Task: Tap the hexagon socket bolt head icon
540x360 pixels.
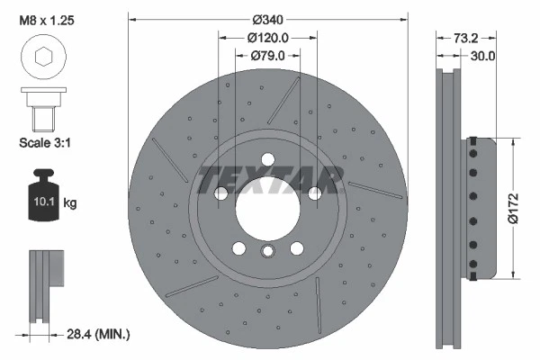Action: pos(42,58)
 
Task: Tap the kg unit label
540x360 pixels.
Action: pos(70,203)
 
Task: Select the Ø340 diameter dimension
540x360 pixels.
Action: pos(267,18)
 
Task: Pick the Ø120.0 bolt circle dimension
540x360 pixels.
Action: pos(267,38)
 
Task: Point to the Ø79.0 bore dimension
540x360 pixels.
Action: pos(267,57)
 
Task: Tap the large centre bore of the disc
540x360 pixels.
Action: pos(267,211)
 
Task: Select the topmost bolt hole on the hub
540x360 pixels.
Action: pos(267,160)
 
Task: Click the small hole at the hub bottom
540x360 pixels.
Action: pos(267,253)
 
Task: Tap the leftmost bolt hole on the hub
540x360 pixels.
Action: pos(220,193)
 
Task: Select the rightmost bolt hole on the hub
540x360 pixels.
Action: pos(315,193)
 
